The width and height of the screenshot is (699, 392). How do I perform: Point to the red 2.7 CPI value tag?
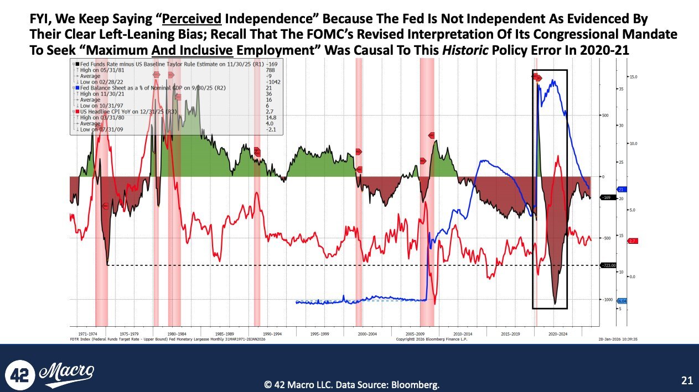(633, 241)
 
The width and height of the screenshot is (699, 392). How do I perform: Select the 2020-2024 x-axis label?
(557, 334)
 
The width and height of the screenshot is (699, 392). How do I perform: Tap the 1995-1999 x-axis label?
(320, 334)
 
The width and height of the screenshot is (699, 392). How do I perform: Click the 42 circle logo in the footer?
(20, 373)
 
